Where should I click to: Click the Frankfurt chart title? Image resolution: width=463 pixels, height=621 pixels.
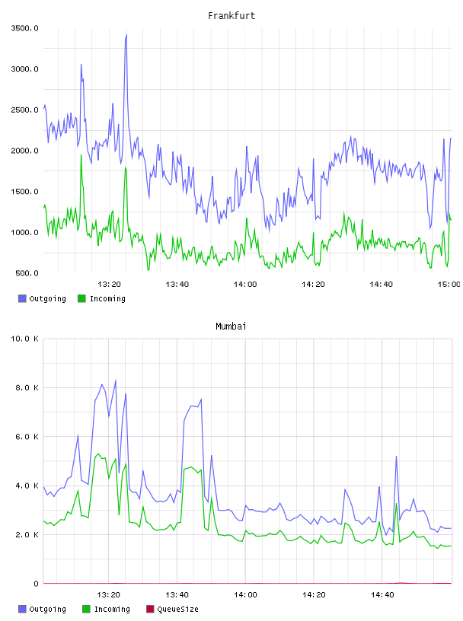click(x=231, y=16)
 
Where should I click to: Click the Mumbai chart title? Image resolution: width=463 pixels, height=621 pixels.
click(x=231, y=326)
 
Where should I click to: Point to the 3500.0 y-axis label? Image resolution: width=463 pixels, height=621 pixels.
click(x=24, y=28)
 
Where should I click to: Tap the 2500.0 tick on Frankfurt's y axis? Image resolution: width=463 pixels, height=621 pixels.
click(x=24, y=110)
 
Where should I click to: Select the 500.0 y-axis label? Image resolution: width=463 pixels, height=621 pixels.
click(x=27, y=273)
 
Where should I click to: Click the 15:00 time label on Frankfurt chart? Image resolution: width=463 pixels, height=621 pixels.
click(x=449, y=285)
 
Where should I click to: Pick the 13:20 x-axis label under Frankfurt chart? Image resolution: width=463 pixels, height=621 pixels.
click(x=109, y=285)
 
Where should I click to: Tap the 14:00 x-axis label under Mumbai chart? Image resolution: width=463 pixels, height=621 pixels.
click(x=245, y=595)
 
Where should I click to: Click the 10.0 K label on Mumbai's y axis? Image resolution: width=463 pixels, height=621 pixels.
click(x=24, y=339)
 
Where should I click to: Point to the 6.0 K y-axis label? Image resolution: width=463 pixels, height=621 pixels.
click(x=27, y=436)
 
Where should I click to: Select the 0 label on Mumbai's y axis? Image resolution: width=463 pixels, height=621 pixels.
click(x=36, y=584)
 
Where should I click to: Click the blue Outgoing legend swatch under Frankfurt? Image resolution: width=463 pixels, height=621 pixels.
click(x=22, y=298)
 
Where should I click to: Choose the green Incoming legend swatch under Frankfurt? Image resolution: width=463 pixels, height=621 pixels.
click(x=81, y=298)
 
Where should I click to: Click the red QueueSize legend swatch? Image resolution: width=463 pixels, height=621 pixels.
click(x=150, y=609)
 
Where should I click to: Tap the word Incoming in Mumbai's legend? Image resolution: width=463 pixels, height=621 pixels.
click(x=112, y=609)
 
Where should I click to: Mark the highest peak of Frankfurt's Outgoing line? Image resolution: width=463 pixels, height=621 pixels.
click(x=126, y=35)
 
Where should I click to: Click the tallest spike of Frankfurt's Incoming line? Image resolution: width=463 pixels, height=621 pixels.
click(x=81, y=154)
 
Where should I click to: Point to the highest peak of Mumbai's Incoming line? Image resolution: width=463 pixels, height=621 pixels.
click(x=98, y=454)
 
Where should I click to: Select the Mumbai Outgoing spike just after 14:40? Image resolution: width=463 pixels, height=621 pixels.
click(x=396, y=457)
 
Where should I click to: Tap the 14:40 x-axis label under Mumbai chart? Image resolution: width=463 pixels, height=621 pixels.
click(x=382, y=595)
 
